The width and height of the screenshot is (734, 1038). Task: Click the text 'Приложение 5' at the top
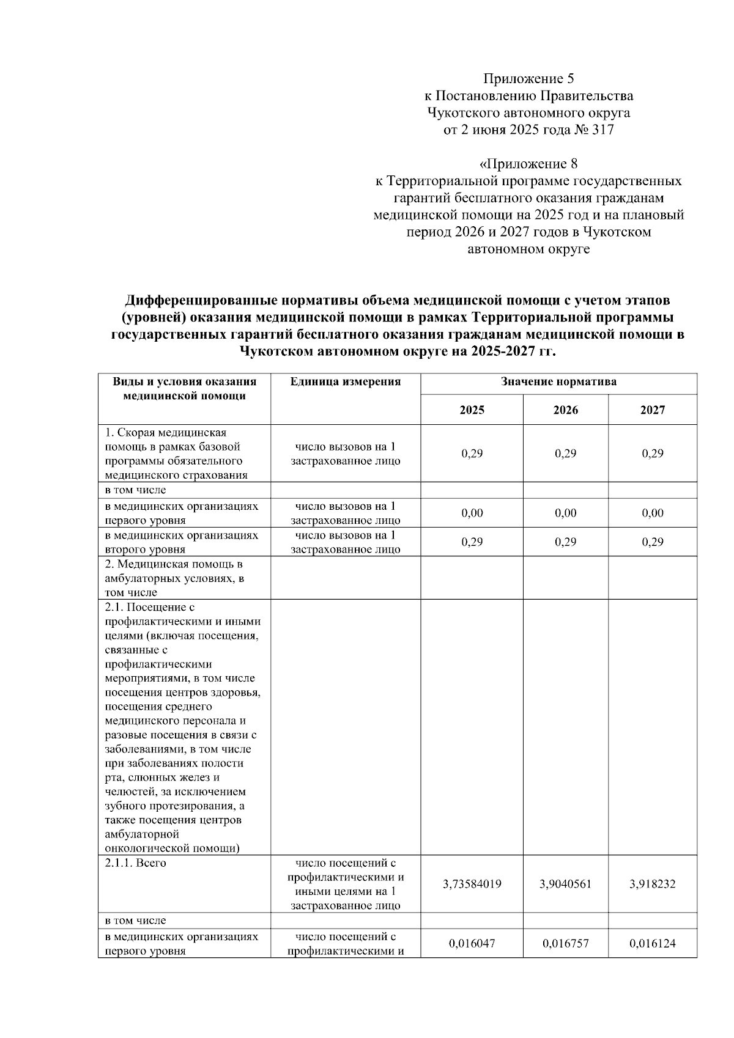click(528, 78)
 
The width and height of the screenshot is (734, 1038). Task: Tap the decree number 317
click(602, 130)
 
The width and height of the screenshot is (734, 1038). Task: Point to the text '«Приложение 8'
click(528, 164)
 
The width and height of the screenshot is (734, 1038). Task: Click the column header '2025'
click(472, 410)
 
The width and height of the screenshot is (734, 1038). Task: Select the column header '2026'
click(565, 410)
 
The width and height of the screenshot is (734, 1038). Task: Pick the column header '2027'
click(652, 410)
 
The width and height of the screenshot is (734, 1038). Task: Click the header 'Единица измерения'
click(346, 382)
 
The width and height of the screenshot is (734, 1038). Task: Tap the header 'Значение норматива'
click(558, 382)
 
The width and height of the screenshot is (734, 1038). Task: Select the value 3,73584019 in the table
click(472, 884)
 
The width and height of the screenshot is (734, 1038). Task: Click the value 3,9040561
click(565, 884)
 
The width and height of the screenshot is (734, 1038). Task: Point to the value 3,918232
click(652, 884)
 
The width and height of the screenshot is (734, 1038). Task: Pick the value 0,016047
click(472, 944)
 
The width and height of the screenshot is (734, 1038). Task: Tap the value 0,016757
click(565, 944)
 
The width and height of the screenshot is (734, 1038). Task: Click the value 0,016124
click(652, 944)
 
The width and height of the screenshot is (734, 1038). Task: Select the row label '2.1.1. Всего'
click(135, 863)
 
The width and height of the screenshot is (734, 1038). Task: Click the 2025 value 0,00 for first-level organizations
click(472, 513)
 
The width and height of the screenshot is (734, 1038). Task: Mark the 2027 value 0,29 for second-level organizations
click(652, 542)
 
